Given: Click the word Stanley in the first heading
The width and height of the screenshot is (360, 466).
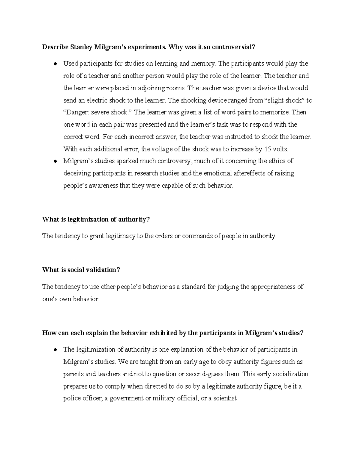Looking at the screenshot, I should click(81, 47).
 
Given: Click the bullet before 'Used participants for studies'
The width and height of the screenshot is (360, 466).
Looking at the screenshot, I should click(55, 64).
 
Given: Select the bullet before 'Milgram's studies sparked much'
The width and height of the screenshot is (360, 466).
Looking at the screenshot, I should click(55, 161).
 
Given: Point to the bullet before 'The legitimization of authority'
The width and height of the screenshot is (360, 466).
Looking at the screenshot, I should click(55, 350).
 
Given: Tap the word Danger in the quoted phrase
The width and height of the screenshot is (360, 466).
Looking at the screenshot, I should click(73, 113).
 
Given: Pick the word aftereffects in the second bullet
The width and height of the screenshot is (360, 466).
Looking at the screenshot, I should click(240, 173).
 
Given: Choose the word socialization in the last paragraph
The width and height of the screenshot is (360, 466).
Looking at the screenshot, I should click(288, 374).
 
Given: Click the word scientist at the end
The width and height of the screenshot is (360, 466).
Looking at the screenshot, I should click(225, 398).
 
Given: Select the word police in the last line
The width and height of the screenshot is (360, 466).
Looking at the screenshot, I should click(71, 398).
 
